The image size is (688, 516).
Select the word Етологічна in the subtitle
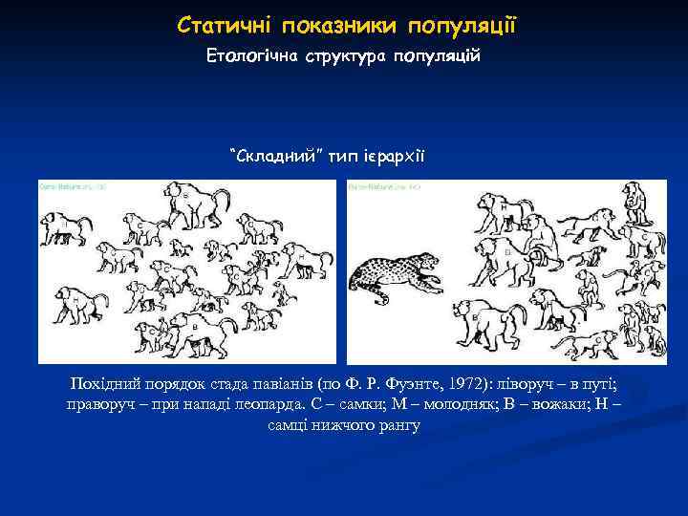[x=251, y=57]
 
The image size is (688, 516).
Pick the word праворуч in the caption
[x=98, y=403]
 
